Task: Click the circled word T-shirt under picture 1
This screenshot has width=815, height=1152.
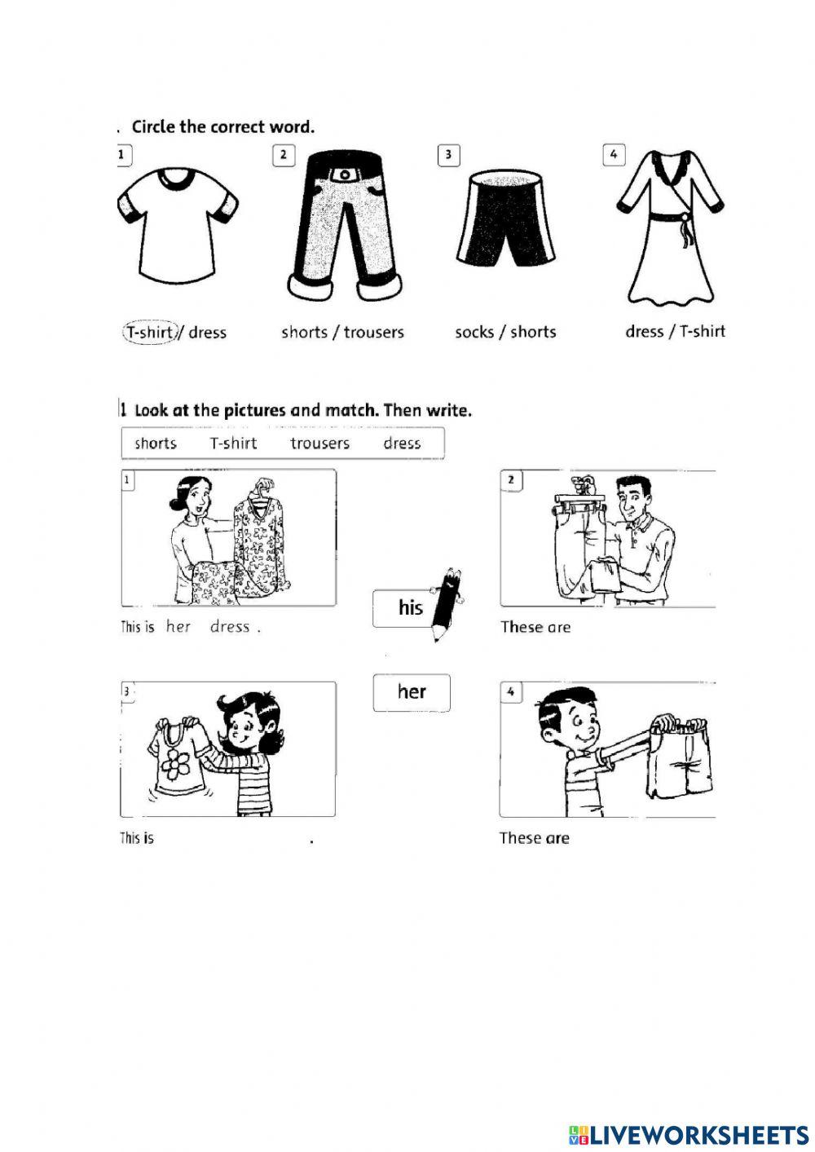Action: [149, 333]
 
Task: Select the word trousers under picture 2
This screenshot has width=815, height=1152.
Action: [373, 333]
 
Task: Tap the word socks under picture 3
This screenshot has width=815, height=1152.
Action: [474, 332]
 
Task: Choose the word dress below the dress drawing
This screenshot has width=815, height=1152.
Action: [644, 331]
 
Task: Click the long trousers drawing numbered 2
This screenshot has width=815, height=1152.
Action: [344, 224]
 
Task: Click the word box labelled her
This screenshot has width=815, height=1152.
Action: [412, 692]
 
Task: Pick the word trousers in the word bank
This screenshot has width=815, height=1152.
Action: [319, 444]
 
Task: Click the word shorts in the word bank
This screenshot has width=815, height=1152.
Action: [155, 444]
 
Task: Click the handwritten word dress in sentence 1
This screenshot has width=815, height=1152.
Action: [229, 627]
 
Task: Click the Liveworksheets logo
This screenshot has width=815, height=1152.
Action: [688, 1134]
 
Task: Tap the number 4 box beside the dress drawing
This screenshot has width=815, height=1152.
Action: [614, 154]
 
